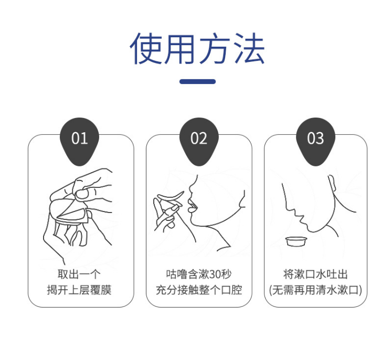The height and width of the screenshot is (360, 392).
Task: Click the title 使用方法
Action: tap(197, 48)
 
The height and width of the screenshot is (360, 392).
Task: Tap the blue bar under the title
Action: tap(197, 81)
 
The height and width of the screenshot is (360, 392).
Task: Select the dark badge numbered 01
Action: tap(79, 141)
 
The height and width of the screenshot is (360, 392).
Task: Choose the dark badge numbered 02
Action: tap(199, 141)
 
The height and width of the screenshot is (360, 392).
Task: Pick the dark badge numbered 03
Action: tap(315, 141)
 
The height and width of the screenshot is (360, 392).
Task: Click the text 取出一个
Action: tap(79, 274)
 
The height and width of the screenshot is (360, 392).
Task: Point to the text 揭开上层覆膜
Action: tap(79, 290)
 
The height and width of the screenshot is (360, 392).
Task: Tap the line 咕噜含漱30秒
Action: tap(199, 274)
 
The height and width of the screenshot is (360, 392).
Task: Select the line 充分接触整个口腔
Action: tap(199, 290)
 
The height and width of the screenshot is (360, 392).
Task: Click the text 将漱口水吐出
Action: tap(315, 274)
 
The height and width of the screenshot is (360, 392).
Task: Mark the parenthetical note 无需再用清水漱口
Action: tap(315, 290)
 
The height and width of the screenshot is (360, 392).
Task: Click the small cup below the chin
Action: tap(296, 241)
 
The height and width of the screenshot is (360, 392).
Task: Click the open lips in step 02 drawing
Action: tap(192, 206)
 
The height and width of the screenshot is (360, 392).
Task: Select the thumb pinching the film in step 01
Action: tap(82, 194)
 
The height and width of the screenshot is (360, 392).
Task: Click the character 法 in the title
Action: tap(249, 48)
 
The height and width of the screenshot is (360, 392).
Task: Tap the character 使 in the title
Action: tap(145, 48)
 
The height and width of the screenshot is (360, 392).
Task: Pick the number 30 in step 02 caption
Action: tap(215, 274)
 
